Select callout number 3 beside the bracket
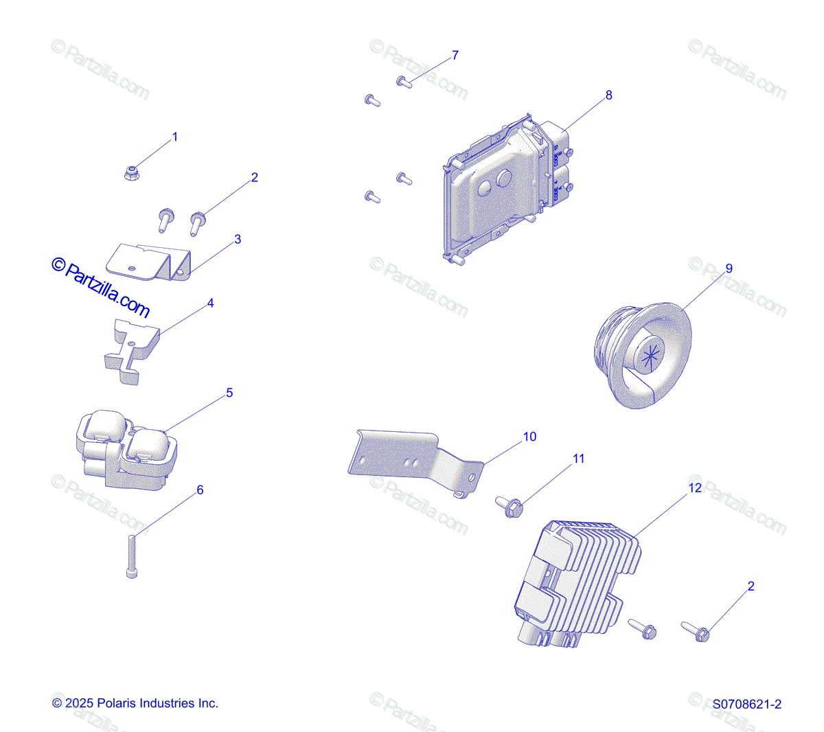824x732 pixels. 238,240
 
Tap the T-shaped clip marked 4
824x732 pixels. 132,348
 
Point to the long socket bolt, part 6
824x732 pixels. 132,556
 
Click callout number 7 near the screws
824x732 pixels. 455,56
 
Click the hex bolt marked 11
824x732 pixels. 510,508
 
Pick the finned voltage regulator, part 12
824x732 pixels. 577,584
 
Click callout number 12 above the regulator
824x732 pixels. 695,488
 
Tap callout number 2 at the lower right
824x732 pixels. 751,586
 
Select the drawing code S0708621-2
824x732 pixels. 746,705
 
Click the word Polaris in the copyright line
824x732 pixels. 117,703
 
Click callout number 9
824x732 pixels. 729,268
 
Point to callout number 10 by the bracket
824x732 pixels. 529,437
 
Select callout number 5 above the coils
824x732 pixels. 229,393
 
